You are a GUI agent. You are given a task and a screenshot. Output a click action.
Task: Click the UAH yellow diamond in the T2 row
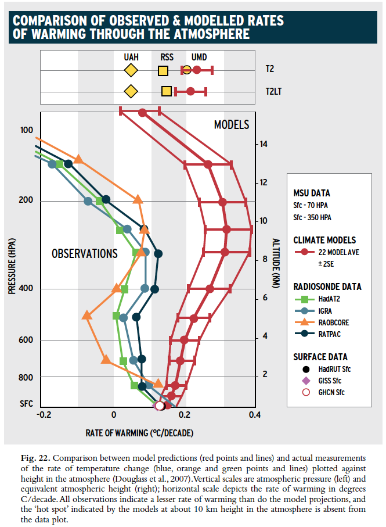[130, 70]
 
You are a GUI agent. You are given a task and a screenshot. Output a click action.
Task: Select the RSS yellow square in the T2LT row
[167, 91]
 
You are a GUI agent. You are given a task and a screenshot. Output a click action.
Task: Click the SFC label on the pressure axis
[26, 404]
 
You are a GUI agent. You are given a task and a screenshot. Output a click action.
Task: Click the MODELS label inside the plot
[231, 125]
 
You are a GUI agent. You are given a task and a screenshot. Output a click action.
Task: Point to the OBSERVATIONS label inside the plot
[84, 254]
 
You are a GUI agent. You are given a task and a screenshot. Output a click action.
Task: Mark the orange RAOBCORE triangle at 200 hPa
[138, 200]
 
